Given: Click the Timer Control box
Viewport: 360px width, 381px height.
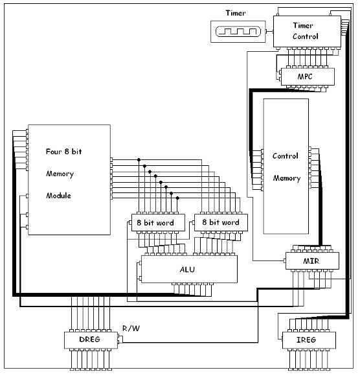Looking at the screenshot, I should pyautogui.click(x=306, y=31).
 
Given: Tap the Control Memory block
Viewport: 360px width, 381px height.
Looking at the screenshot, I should pyautogui.click(x=286, y=166).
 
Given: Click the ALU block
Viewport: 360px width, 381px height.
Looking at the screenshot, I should pyautogui.click(x=189, y=268).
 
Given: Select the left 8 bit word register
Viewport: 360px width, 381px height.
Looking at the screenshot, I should pyautogui.click(x=158, y=222).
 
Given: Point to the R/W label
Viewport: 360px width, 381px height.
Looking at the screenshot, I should pyautogui.click(x=131, y=329).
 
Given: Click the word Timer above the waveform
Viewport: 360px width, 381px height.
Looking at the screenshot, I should pyautogui.click(x=236, y=12).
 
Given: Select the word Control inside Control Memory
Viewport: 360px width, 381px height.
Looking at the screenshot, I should pyautogui.click(x=286, y=156).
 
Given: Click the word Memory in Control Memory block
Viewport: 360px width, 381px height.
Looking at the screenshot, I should pyautogui.click(x=286, y=178).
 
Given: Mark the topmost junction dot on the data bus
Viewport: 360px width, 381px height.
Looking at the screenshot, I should pyautogui.click(x=137, y=159).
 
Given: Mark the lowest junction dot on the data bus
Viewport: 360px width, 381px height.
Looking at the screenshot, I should pyautogui.click(x=177, y=198).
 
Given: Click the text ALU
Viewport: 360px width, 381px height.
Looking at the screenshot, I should pyautogui.click(x=189, y=268).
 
